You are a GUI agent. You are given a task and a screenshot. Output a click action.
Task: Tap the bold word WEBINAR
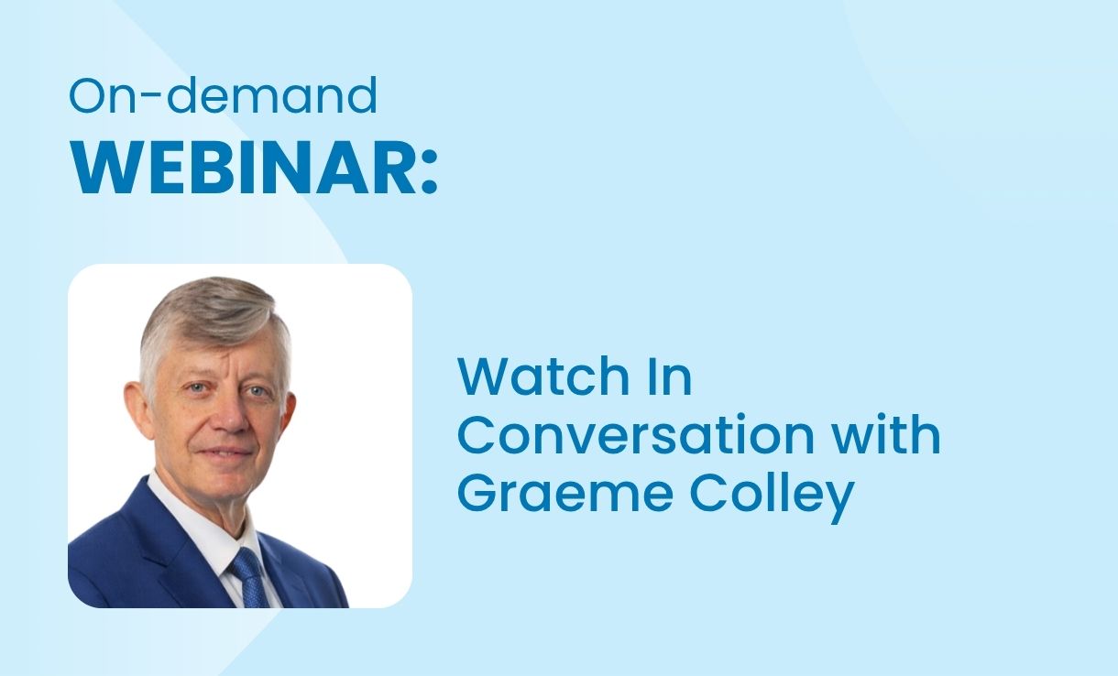[x=243, y=167]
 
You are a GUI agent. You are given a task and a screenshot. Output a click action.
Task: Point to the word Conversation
[x=636, y=434]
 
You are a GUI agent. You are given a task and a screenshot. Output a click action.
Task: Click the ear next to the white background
[x=288, y=414]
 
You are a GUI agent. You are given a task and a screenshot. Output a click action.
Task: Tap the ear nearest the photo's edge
[x=137, y=409]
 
